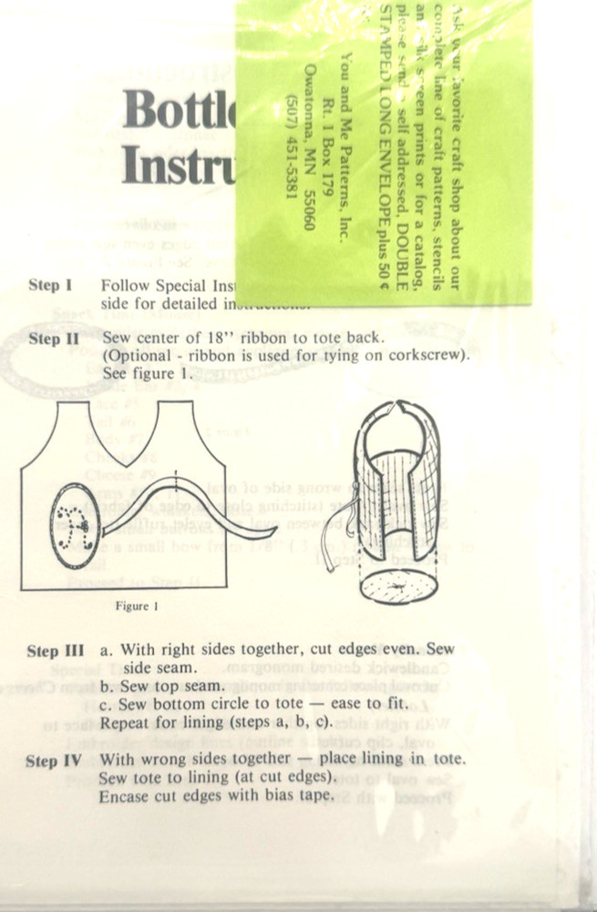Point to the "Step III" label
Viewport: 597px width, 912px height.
pyautogui.click(x=56, y=651)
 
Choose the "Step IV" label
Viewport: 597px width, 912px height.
pyautogui.click(x=55, y=761)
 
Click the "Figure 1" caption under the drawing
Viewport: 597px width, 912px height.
pyautogui.click(x=138, y=604)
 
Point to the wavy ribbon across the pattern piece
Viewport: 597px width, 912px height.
pyautogui.click(x=173, y=502)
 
